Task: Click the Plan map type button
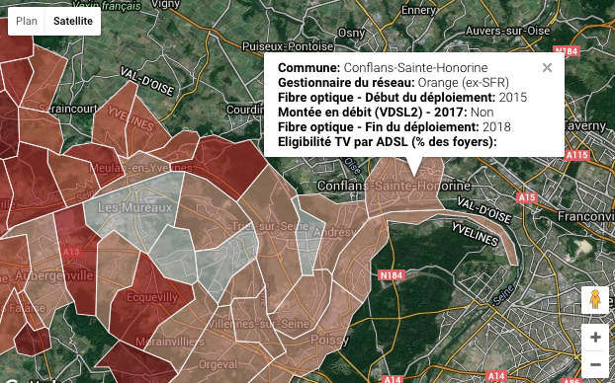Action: pyautogui.click(x=27, y=21)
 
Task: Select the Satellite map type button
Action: pyautogui.click(x=74, y=21)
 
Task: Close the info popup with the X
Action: pyautogui.click(x=547, y=68)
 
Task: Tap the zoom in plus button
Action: pyautogui.click(x=594, y=337)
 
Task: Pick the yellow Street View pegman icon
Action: pyautogui.click(x=594, y=299)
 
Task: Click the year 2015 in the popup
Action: pyautogui.click(x=513, y=97)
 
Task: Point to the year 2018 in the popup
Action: pyautogui.click(x=496, y=127)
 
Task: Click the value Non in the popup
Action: pyautogui.click(x=483, y=113)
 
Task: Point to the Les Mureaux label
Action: pyautogui.click(x=122, y=208)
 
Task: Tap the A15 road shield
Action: pyautogui.click(x=526, y=198)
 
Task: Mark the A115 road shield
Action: pyautogui.click(x=577, y=156)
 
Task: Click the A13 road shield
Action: pyautogui.click(x=71, y=253)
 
